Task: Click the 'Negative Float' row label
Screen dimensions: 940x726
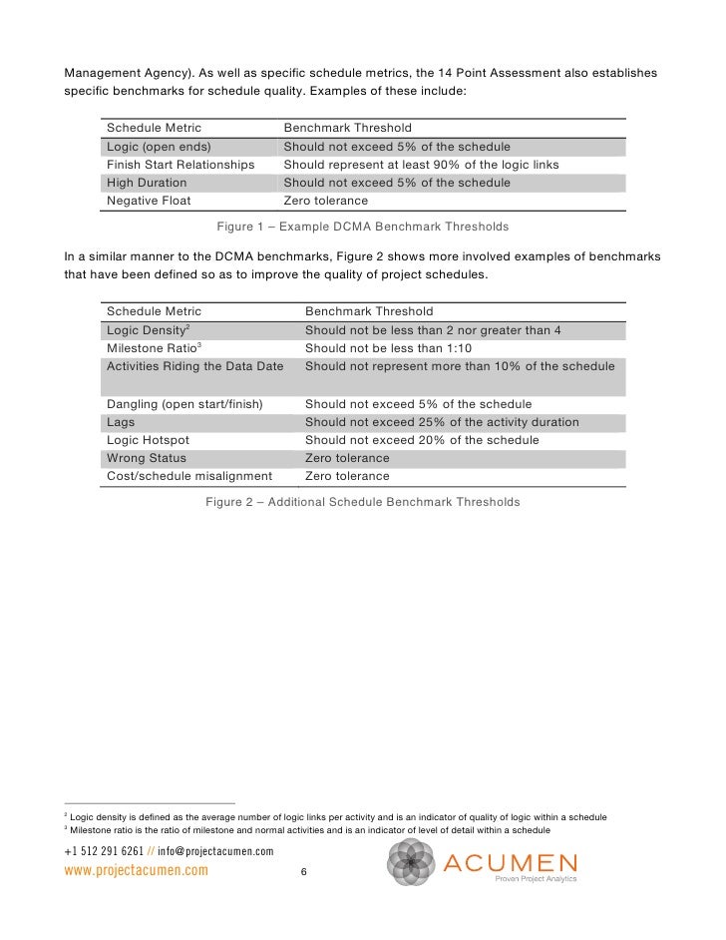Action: click(148, 201)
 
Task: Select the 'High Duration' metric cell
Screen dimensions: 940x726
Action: click(147, 183)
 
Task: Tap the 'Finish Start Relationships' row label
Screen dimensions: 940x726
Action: click(181, 165)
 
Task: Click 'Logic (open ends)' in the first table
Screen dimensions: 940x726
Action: click(159, 147)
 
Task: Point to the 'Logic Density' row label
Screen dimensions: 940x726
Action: click(149, 329)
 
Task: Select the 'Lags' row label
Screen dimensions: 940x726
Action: click(121, 422)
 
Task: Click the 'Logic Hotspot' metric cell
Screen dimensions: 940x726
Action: click(148, 440)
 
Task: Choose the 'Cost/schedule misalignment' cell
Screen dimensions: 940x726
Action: click(189, 476)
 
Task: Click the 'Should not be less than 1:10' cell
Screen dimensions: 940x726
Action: click(389, 347)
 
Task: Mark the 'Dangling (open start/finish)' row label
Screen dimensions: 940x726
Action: click(184, 404)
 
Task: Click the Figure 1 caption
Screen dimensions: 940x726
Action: click(362, 227)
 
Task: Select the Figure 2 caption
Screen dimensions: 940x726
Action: click(362, 502)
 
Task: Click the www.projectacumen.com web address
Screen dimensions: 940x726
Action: click(136, 870)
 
